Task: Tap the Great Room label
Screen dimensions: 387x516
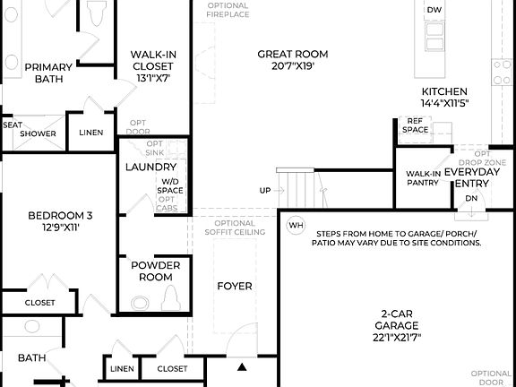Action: (288, 54)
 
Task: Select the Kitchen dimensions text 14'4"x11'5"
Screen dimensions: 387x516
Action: (445, 103)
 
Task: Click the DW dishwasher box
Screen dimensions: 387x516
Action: (434, 10)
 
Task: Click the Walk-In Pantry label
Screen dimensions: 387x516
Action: (422, 177)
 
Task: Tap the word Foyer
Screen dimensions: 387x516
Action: (235, 286)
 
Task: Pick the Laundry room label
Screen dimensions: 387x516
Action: (150, 167)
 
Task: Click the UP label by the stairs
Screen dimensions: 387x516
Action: (265, 190)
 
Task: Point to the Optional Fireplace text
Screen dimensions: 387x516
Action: (228, 10)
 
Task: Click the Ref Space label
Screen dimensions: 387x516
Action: (415, 125)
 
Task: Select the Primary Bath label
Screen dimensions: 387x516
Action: (48, 73)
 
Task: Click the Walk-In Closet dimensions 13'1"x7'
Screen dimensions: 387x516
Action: (153, 77)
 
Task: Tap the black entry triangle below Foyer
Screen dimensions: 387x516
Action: (241, 366)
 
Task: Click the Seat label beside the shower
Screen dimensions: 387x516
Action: (12, 125)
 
